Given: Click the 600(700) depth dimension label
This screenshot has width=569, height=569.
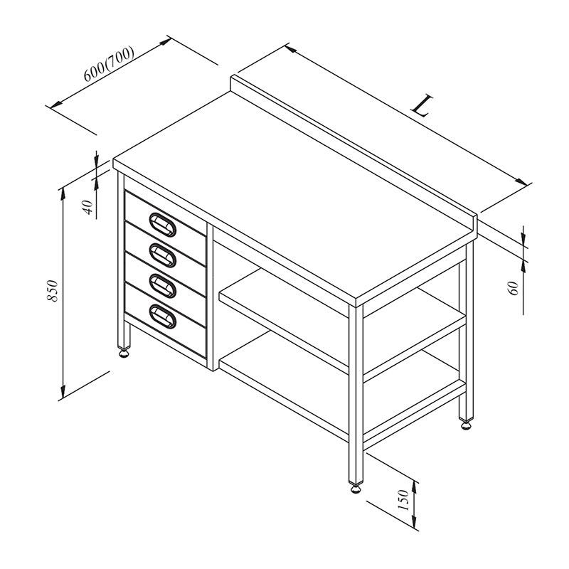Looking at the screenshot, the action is [x=109, y=64].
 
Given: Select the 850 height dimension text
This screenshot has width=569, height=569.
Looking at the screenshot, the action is [x=53, y=291].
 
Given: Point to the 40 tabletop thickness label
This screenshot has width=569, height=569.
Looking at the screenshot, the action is [x=88, y=207].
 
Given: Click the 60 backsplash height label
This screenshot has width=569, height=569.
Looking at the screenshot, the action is [x=514, y=288].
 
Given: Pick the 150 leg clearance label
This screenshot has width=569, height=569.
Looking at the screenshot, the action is [x=403, y=500].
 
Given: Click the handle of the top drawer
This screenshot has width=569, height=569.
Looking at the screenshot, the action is [x=163, y=225].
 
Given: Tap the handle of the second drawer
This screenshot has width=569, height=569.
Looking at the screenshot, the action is [x=163, y=255].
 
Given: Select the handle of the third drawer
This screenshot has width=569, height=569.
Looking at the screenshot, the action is [x=163, y=286].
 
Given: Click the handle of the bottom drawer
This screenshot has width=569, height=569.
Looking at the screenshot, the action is [x=163, y=317].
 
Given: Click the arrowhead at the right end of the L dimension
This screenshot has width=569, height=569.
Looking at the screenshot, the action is [x=521, y=181].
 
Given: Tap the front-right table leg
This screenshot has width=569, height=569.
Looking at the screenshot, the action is [x=356, y=394].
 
